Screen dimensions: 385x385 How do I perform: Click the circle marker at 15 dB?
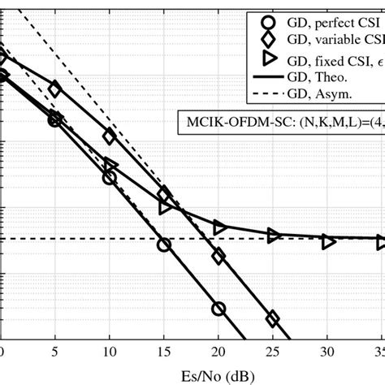[x=164, y=244]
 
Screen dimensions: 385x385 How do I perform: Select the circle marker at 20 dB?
[x=218, y=309]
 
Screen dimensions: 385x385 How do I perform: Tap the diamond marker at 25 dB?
[x=273, y=318]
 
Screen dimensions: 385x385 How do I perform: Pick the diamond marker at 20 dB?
[x=218, y=257]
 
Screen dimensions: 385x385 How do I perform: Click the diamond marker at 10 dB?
[x=110, y=136]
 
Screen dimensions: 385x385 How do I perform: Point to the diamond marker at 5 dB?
[x=54, y=89]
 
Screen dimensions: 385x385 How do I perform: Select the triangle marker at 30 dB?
[x=328, y=241]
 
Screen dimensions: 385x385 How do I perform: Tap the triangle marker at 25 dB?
[x=274, y=236]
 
